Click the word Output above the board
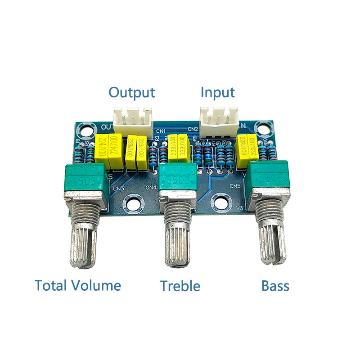click(x=131, y=92)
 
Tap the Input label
click(x=217, y=92)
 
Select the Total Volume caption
click(x=78, y=285)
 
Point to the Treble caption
click(x=180, y=285)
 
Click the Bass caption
click(x=275, y=285)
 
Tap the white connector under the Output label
click(x=133, y=120)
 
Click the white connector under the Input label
click(x=219, y=120)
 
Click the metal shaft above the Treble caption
click(x=179, y=241)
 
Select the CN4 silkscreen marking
click(x=152, y=187)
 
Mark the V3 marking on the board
click(x=239, y=207)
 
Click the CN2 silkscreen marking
click(x=193, y=129)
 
